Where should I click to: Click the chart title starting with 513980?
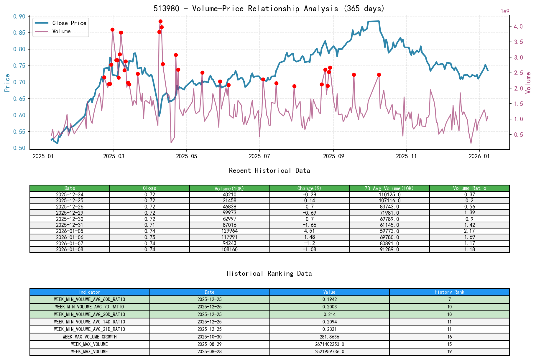click(269, 8)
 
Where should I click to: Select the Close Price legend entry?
click(69, 23)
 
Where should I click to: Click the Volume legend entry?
click(61, 31)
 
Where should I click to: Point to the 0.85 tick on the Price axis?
click(19, 33)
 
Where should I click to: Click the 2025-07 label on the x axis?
click(259, 156)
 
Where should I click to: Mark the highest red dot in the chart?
click(160, 21)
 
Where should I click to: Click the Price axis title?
click(7, 83)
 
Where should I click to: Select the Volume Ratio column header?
click(469, 188)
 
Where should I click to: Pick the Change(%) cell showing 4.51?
click(309, 231)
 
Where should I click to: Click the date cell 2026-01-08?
click(70, 249)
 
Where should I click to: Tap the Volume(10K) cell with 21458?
click(229, 200)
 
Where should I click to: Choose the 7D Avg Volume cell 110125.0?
click(389, 195)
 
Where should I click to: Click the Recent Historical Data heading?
click(269, 170)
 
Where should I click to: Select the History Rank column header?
click(449, 292)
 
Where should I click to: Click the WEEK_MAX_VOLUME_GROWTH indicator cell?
click(90, 337)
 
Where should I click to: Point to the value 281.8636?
click(329, 337)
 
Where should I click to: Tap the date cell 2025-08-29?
click(209, 344)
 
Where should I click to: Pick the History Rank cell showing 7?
click(449, 299)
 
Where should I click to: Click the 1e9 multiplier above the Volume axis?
click(505, 11)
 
